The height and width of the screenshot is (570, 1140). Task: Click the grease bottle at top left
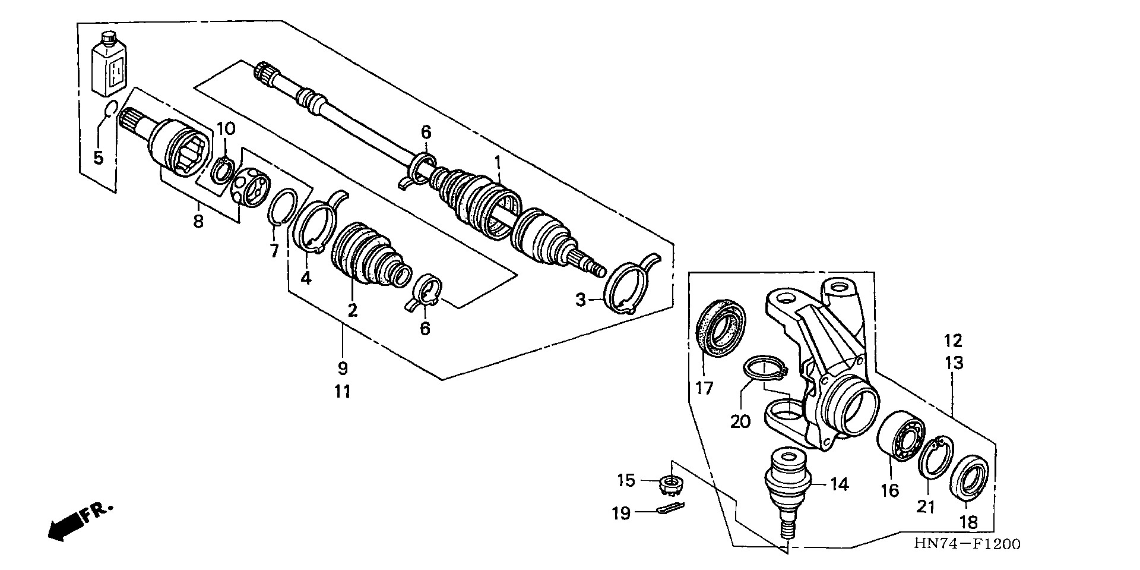click(110, 68)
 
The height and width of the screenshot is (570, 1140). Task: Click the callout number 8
click(198, 222)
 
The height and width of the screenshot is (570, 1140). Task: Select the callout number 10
click(226, 128)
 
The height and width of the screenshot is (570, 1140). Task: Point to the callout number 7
click(274, 251)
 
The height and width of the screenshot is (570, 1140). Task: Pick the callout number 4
click(305, 278)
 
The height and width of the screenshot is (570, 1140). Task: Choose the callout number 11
click(342, 392)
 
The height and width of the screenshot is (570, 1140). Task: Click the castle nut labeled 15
click(670, 486)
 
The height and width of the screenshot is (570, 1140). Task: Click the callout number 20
click(740, 421)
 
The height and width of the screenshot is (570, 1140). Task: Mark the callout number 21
click(926, 506)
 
